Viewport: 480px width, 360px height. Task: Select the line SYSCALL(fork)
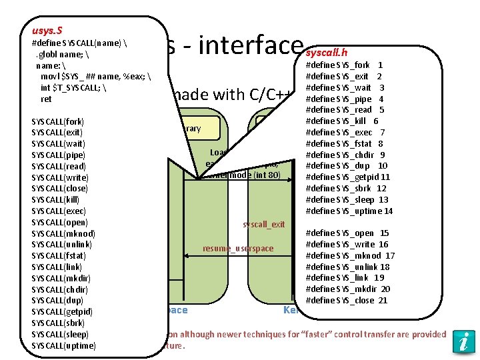click(57, 121)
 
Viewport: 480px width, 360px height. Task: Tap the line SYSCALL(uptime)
click(64, 345)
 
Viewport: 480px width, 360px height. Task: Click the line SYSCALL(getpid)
click(62, 312)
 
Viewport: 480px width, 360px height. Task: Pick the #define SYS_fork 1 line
click(343, 65)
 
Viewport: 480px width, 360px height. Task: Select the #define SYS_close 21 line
click(346, 301)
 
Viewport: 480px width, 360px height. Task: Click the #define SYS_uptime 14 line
click(349, 211)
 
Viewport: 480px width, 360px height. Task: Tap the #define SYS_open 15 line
click(347, 233)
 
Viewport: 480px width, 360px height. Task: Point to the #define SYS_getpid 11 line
click(347, 177)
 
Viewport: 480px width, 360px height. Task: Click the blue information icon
click(463, 341)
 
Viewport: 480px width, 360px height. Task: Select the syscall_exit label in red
click(264, 225)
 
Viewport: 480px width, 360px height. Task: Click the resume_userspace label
click(238, 249)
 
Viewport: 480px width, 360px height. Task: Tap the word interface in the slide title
click(251, 47)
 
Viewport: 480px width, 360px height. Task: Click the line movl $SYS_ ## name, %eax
click(96, 77)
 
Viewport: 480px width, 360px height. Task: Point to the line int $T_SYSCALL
click(73, 88)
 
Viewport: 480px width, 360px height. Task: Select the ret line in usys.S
click(46, 99)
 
